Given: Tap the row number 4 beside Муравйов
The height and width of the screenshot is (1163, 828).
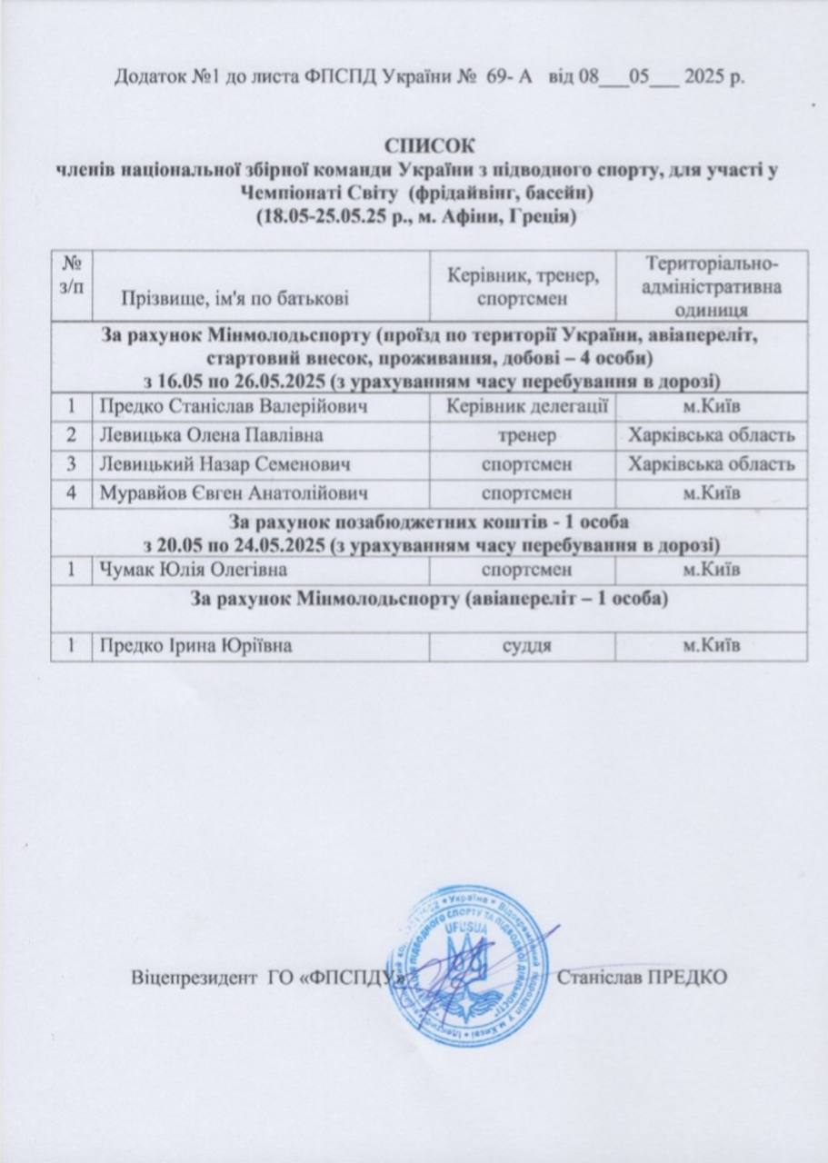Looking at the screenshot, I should [x=69, y=493].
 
